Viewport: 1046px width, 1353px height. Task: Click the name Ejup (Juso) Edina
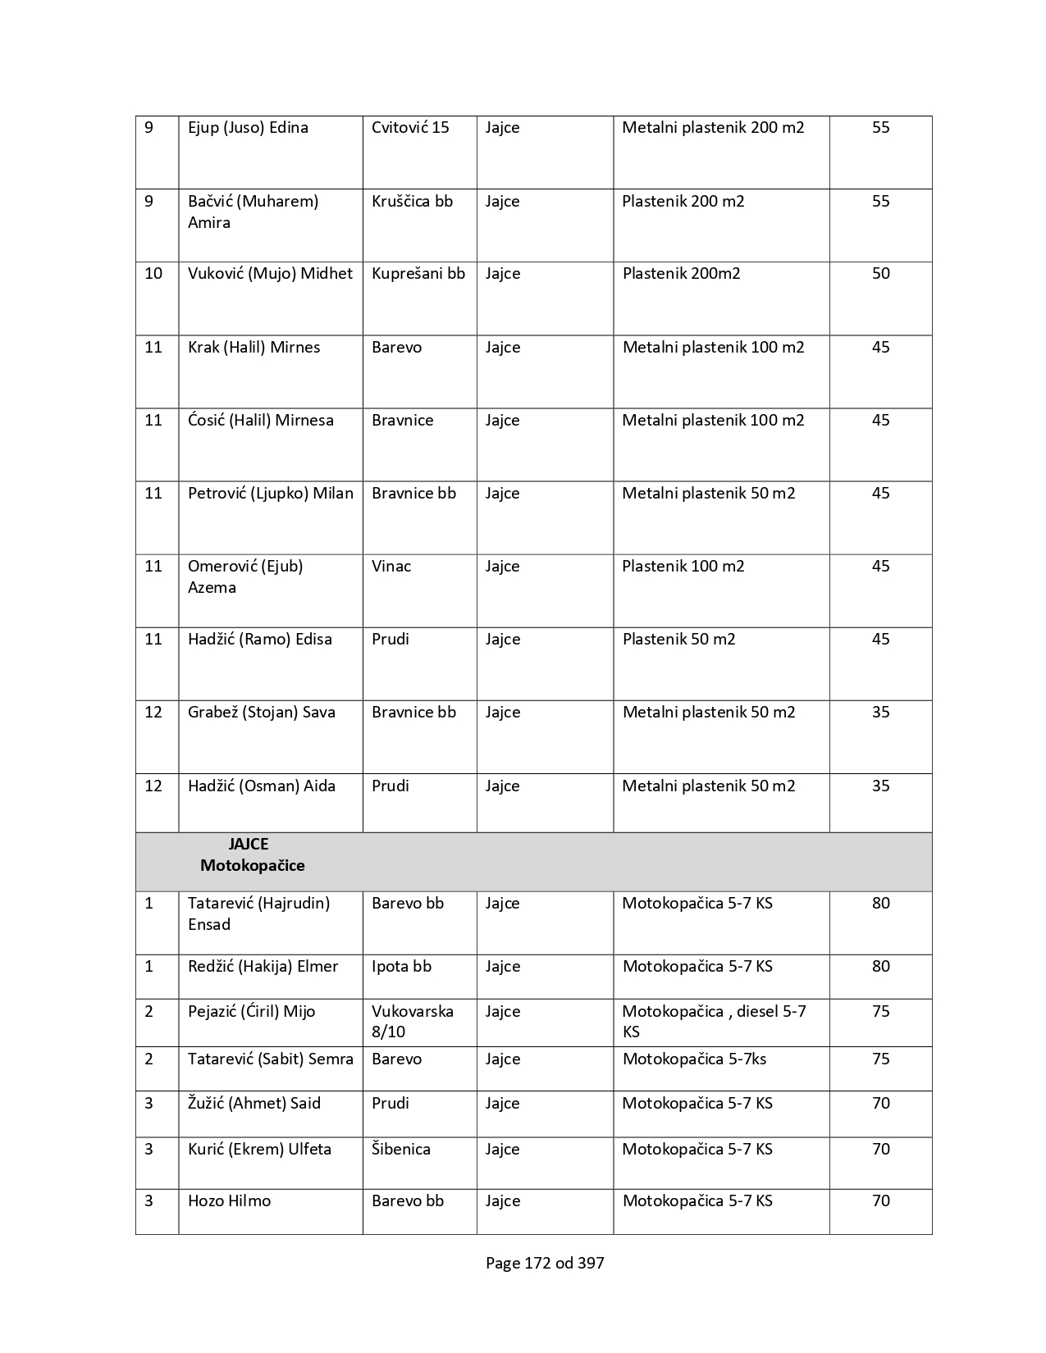tap(248, 128)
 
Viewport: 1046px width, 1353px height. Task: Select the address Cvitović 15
tap(410, 128)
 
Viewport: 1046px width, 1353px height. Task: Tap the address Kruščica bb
tap(412, 202)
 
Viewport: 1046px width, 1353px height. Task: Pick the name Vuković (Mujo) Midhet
tap(270, 274)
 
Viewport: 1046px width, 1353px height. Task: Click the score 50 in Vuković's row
tap(880, 274)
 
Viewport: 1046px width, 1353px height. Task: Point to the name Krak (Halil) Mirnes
tap(254, 348)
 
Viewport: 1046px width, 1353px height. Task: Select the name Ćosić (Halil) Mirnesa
tap(260, 421)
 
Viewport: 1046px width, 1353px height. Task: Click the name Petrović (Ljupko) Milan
tap(270, 494)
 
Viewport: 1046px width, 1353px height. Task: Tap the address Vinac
tap(391, 567)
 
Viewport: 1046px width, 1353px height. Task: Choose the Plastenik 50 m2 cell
tap(678, 640)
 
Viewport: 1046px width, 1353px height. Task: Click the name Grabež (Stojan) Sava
tap(261, 713)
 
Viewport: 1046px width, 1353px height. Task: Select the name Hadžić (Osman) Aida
tap(261, 786)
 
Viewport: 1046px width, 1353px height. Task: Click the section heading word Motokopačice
tap(252, 866)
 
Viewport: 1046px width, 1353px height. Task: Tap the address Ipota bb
tap(401, 967)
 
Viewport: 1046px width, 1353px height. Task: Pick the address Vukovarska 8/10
tap(412, 1022)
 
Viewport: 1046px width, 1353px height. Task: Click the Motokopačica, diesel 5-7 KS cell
tap(714, 1022)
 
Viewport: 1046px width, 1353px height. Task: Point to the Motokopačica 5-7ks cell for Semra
tap(694, 1059)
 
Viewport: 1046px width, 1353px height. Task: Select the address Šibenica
tap(400, 1150)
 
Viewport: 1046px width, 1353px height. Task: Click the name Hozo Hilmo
tap(229, 1201)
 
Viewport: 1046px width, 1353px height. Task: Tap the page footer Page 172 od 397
tap(545, 1264)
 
